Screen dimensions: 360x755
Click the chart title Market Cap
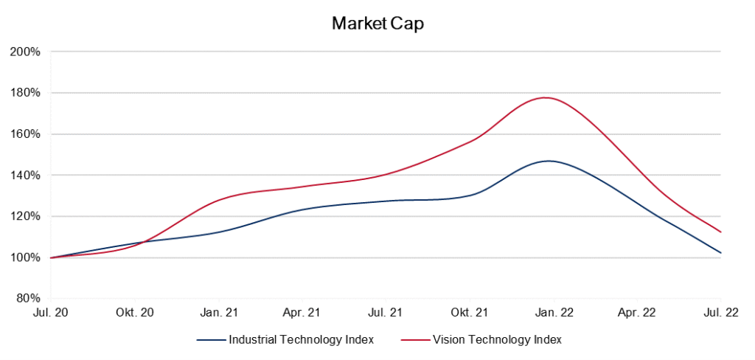point(377,24)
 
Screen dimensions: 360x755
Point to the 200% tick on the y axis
point(24,52)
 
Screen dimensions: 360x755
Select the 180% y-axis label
point(24,94)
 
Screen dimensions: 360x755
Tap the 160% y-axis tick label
point(24,134)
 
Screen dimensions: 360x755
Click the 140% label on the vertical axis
point(24,176)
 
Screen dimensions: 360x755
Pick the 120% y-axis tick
point(24,217)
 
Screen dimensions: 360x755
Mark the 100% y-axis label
point(24,258)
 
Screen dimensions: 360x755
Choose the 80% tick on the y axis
point(27,299)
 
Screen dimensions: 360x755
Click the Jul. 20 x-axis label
point(51,313)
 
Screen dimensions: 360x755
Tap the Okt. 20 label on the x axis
point(135,313)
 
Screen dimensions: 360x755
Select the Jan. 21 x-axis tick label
point(218,313)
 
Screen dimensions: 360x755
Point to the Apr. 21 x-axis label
point(302,313)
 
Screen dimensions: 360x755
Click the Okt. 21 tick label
point(470,313)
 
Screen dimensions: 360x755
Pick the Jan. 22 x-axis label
point(554,313)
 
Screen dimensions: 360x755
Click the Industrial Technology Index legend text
point(301,340)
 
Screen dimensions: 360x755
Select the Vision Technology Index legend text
point(498,340)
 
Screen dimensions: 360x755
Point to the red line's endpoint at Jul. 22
point(720,232)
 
